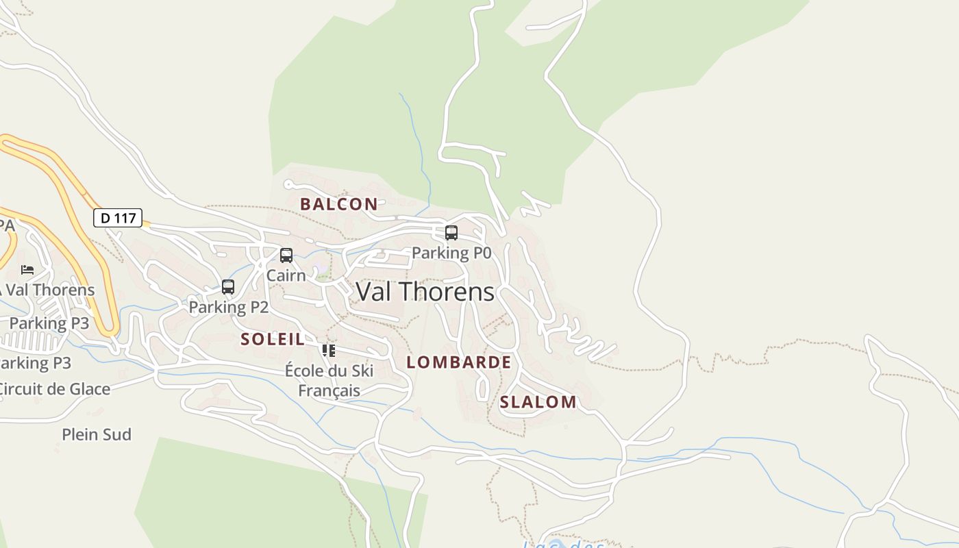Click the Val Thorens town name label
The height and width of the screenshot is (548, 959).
click(x=425, y=292)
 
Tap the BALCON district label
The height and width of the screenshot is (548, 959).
click(x=338, y=203)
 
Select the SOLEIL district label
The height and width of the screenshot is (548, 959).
click(x=272, y=339)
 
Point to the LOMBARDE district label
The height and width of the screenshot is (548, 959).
click(x=458, y=362)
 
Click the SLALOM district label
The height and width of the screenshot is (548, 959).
click(x=538, y=402)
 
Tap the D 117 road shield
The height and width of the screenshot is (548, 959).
click(x=118, y=218)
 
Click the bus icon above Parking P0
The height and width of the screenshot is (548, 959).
click(x=451, y=233)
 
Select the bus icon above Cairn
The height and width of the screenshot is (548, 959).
click(x=286, y=256)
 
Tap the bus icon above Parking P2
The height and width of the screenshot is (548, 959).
click(x=228, y=287)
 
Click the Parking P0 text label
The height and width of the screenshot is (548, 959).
click(x=451, y=253)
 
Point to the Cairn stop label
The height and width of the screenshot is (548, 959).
click(x=286, y=275)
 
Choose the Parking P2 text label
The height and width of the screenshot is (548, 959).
click(x=228, y=307)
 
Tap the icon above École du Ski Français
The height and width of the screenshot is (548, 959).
click(x=329, y=351)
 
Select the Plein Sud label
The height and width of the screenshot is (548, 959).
click(x=97, y=434)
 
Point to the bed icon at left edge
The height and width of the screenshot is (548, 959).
click(x=27, y=270)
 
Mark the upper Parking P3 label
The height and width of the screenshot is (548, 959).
click(x=49, y=323)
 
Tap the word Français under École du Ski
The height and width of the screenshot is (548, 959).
click(x=329, y=390)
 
